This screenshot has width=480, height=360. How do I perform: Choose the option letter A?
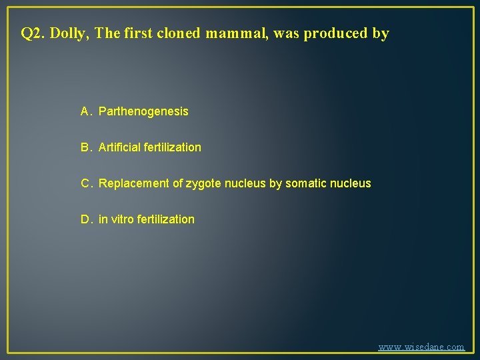click(x=86, y=111)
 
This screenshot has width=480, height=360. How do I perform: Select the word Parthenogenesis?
click(x=143, y=111)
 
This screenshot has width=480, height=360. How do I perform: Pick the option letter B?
click(x=86, y=147)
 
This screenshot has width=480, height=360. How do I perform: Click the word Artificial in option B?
click(x=119, y=147)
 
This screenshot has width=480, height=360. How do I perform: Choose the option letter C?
click(x=86, y=183)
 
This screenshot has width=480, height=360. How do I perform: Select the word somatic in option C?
click(x=306, y=183)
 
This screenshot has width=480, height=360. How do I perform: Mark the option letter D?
click(x=86, y=219)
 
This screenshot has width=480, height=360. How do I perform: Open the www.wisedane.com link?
click(x=421, y=347)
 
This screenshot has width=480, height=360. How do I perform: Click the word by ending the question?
click(x=381, y=33)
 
